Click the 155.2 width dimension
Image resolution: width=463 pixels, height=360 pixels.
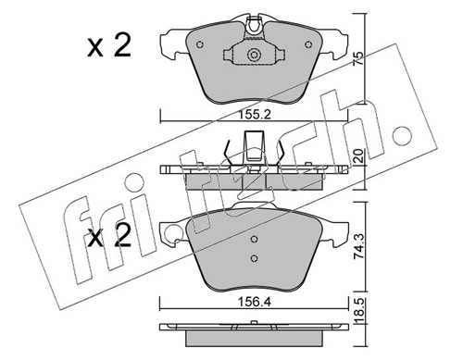[255, 115]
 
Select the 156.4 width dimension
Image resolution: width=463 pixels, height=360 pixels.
[254, 303]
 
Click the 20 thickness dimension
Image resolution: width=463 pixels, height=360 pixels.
[359, 155]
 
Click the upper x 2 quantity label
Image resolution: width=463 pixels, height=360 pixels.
[109, 45]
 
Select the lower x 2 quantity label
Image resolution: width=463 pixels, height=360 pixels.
[109, 235]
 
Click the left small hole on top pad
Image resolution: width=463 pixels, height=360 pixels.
[200, 44]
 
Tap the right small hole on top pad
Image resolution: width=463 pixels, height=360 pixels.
[308, 44]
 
